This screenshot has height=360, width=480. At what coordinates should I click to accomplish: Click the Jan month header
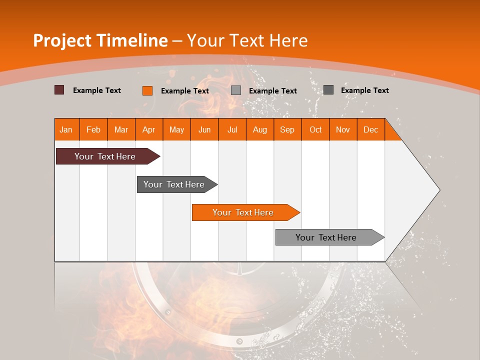(66, 129)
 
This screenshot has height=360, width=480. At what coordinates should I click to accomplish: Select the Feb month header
(93, 129)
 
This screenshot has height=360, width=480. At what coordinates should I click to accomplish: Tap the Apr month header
(149, 129)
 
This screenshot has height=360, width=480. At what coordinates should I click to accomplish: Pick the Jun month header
(204, 129)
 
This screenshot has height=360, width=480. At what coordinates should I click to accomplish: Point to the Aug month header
(260, 129)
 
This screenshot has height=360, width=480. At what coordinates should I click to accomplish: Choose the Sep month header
(287, 129)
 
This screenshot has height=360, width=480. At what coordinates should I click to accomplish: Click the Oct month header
(315, 129)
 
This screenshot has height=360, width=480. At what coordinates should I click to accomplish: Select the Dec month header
(371, 129)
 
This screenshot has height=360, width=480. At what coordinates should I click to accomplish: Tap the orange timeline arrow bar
(243, 212)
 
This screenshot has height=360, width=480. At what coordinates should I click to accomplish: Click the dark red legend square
(59, 90)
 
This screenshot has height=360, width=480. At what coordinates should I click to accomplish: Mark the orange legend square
(147, 90)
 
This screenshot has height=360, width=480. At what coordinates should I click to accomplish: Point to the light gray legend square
(236, 90)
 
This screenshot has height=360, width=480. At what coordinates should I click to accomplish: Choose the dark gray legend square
(328, 90)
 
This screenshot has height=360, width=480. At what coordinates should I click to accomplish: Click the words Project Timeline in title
(100, 40)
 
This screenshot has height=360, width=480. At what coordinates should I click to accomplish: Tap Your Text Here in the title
(247, 40)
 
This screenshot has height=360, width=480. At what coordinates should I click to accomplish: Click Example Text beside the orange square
(185, 91)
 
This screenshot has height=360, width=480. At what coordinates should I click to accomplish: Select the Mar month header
(121, 129)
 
